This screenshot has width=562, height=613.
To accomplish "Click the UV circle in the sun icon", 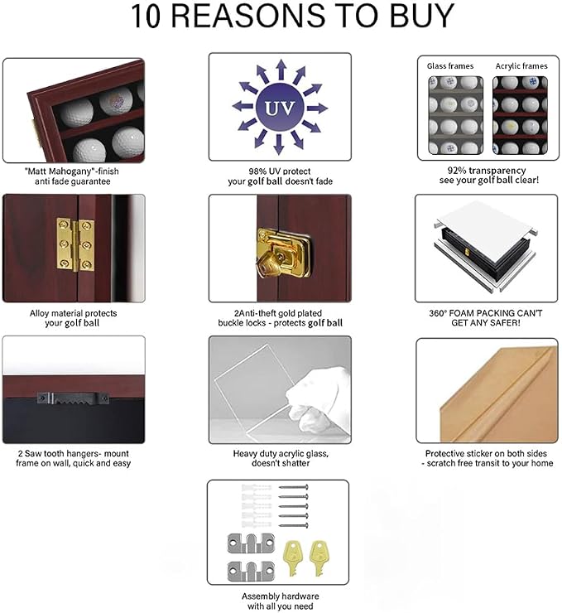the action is (x=280, y=107).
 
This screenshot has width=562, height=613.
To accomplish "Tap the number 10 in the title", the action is (x=146, y=16).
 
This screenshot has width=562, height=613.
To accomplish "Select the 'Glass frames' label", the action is (x=450, y=66).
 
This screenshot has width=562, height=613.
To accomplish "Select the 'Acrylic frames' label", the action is (x=521, y=66).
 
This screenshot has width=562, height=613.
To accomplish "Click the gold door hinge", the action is (x=75, y=244).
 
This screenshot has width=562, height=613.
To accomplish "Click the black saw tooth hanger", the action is (x=73, y=398).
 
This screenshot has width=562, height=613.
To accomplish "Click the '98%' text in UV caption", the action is (x=257, y=171).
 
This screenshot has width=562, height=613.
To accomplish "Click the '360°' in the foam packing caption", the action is (x=438, y=313).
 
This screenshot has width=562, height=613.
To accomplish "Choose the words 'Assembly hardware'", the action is (x=280, y=596).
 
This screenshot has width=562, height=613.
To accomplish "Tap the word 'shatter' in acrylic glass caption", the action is (x=295, y=463).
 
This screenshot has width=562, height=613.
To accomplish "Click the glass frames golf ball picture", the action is (x=455, y=115).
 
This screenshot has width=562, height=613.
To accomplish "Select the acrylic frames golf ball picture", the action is (x=520, y=115).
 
